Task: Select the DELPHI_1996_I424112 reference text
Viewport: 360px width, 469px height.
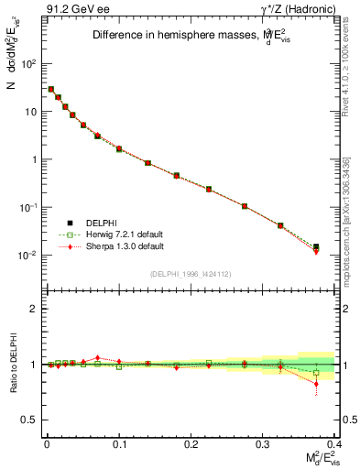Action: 186,273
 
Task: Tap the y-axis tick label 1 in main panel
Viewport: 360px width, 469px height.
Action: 33,159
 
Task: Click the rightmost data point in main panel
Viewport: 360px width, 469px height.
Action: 316,247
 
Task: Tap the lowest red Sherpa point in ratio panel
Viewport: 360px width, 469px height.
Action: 316,384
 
